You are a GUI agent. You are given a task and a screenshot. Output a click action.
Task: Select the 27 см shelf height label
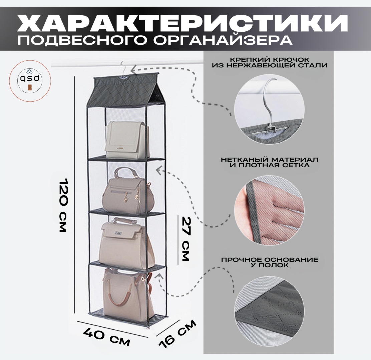(x=186, y=239)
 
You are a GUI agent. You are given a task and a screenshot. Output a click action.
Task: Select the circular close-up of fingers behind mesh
(x=269, y=209)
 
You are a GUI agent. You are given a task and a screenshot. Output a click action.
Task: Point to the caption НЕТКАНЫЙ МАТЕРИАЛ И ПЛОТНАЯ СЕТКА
(x=270, y=162)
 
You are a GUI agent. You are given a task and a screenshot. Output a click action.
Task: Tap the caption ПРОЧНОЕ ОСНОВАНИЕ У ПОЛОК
(x=270, y=262)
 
